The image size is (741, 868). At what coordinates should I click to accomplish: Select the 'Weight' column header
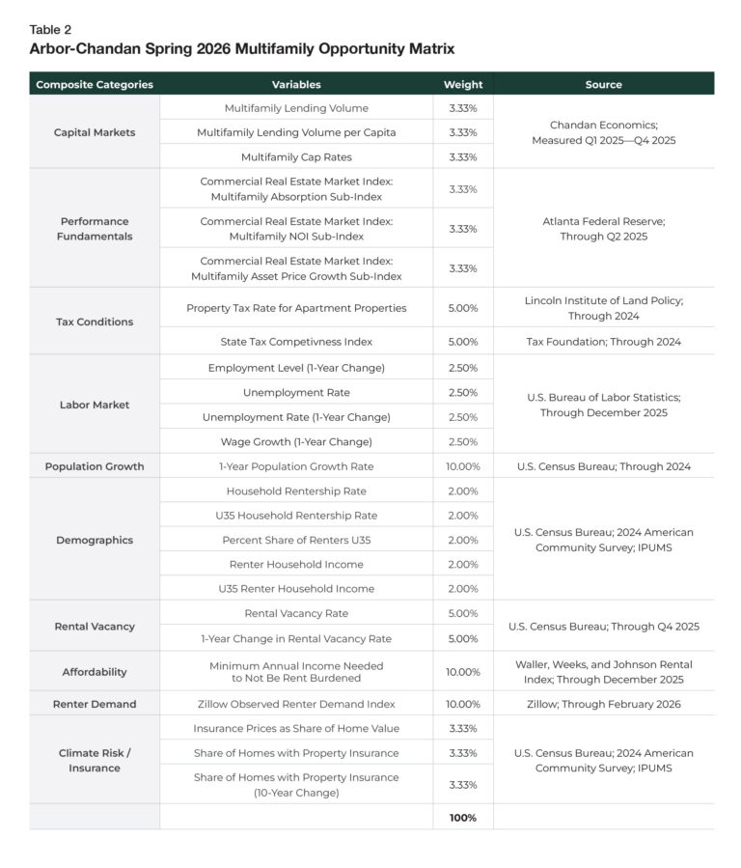coord(463,84)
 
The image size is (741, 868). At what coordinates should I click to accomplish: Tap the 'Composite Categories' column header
coord(95,84)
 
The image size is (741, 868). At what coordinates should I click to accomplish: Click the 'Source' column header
coord(603,84)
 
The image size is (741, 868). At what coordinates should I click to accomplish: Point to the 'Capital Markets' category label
coord(95,132)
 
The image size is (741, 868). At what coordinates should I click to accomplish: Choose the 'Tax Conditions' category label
coord(95,322)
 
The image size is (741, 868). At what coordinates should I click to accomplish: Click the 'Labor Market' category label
coord(95,405)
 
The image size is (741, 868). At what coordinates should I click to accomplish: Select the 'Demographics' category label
coord(95,540)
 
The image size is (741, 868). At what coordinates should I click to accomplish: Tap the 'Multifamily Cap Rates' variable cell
coord(296,156)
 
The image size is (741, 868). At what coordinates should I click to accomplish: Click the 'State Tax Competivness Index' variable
coord(296,341)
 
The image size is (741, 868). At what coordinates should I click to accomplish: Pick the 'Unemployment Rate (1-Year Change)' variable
coord(296,417)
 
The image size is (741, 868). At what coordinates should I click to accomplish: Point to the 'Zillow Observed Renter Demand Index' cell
coord(296,704)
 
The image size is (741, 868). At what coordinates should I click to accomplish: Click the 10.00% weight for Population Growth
coord(463,466)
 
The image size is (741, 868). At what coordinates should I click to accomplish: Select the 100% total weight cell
coord(463,817)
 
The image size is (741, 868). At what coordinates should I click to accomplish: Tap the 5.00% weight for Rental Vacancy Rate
coord(463,613)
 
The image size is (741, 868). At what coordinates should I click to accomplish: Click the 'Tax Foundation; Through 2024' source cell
coord(603,341)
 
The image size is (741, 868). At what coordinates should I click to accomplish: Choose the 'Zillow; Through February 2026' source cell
coord(603,704)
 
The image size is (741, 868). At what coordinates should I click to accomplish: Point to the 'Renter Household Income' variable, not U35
coord(296,564)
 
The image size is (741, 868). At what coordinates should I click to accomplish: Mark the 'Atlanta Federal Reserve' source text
coord(603,221)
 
